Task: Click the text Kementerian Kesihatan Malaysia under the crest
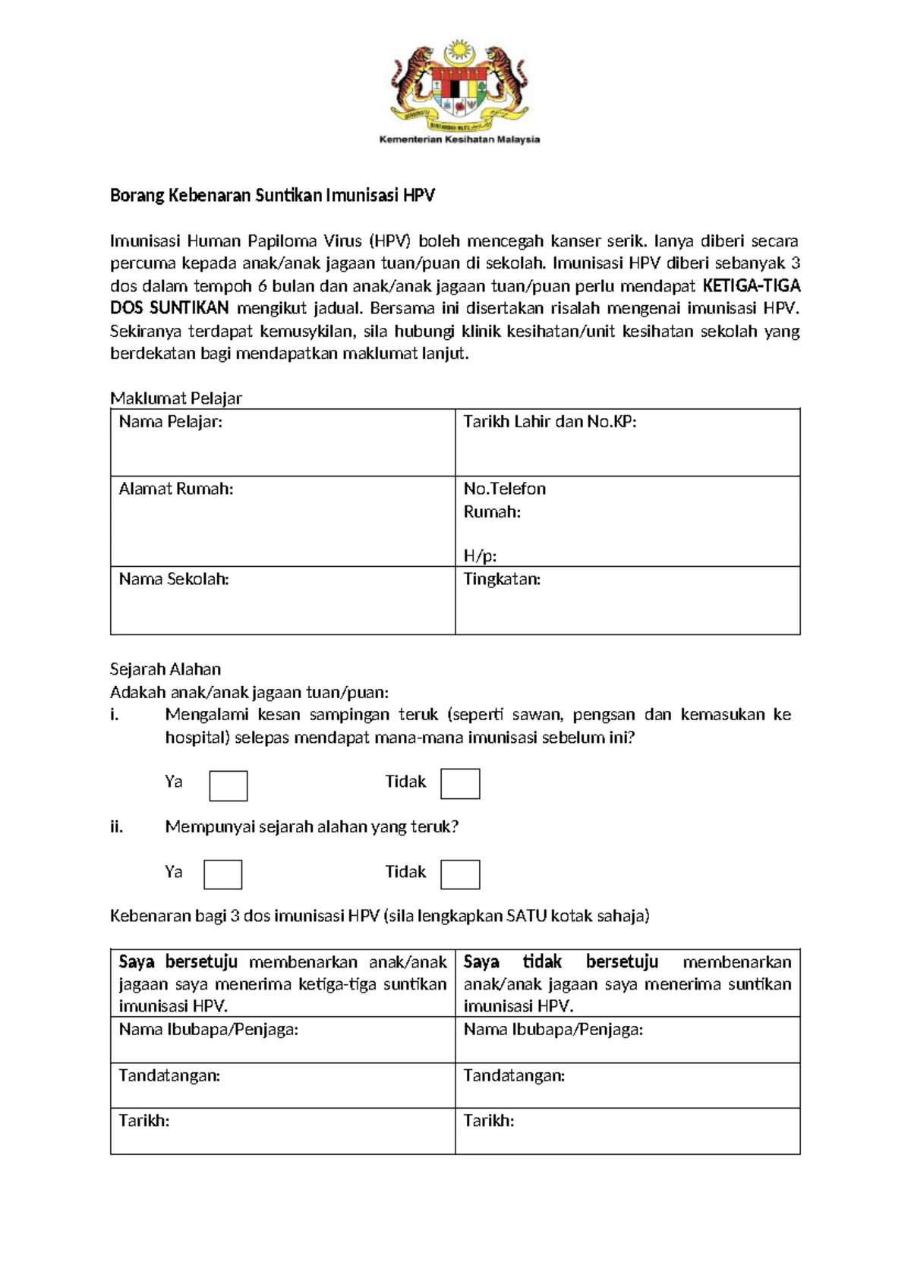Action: [x=459, y=140]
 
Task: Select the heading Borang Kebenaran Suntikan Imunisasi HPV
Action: [x=272, y=196]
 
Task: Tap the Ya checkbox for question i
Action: [x=229, y=785]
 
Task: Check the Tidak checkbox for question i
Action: [x=460, y=784]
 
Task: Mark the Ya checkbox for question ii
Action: [x=223, y=874]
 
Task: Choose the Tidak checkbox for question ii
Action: [x=460, y=874]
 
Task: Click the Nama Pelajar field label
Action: [x=171, y=422]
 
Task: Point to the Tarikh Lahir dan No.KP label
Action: [x=550, y=422]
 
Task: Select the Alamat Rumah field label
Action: [x=176, y=489]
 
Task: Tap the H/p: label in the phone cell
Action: [x=480, y=555]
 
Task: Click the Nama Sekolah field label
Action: [x=174, y=579]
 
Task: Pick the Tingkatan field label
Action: [x=502, y=579]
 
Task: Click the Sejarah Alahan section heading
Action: [x=165, y=669]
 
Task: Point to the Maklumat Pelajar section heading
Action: [x=176, y=398]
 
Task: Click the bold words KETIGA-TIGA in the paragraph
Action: [x=752, y=286]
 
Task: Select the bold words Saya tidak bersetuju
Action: [x=560, y=962]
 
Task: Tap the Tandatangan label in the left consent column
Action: [x=169, y=1075]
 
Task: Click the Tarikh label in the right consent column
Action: [x=489, y=1121]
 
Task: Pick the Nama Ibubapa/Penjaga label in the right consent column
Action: [x=553, y=1030]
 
